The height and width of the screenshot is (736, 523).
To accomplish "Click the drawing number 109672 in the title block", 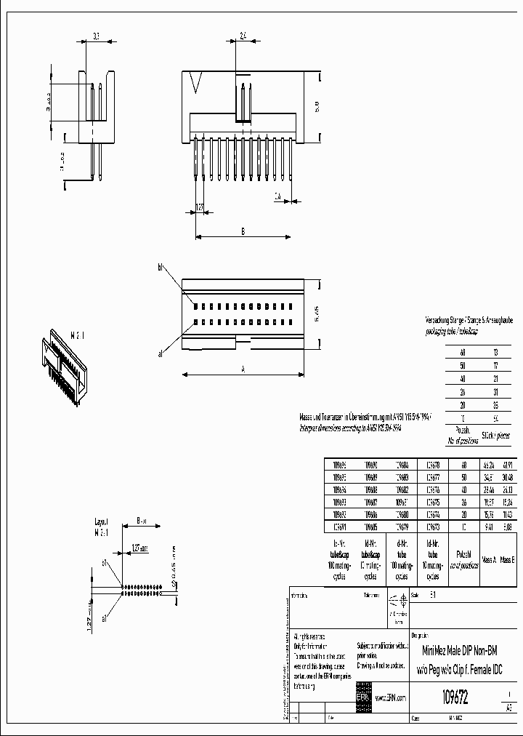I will tap(454, 697).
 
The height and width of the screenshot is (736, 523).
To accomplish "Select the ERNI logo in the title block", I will tap(362, 697).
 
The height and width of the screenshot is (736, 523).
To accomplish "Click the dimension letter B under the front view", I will tap(243, 231).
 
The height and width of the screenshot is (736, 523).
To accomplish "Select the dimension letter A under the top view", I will tap(243, 369).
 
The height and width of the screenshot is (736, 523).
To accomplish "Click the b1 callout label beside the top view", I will tap(161, 268).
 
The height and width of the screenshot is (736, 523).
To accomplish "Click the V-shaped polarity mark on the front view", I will tap(193, 83).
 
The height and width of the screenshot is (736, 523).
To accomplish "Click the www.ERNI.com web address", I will tap(391, 698).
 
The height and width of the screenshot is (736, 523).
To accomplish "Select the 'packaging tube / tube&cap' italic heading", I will tap(451, 331).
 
